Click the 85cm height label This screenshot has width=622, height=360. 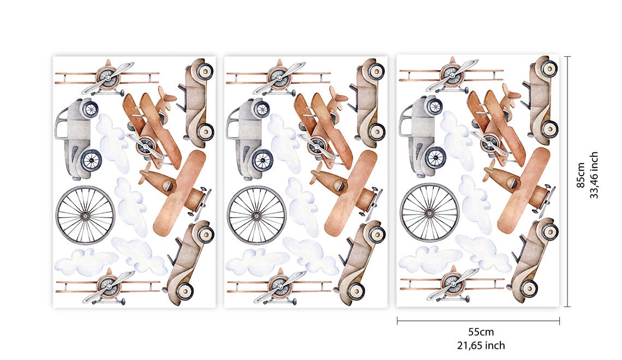click(x=581, y=175)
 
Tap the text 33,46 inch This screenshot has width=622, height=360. click(x=594, y=175)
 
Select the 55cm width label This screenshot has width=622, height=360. click(x=481, y=332)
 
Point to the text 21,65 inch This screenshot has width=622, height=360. click(x=481, y=345)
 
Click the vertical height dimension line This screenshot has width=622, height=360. click(x=567, y=182)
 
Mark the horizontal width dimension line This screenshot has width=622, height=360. click(x=479, y=321)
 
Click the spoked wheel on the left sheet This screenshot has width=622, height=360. click(x=85, y=215)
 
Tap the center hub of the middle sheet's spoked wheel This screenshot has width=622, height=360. click(x=256, y=215)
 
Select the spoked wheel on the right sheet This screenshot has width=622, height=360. click(x=429, y=213)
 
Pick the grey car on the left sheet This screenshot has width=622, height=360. click(x=77, y=139)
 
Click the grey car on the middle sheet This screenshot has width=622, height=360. click(x=249, y=139)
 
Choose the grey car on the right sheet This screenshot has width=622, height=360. click(x=422, y=136)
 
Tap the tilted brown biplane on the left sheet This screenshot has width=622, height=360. click(x=153, y=127)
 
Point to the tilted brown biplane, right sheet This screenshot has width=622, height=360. click(x=497, y=124)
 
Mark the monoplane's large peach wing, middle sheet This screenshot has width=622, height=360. click(x=351, y=193)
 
